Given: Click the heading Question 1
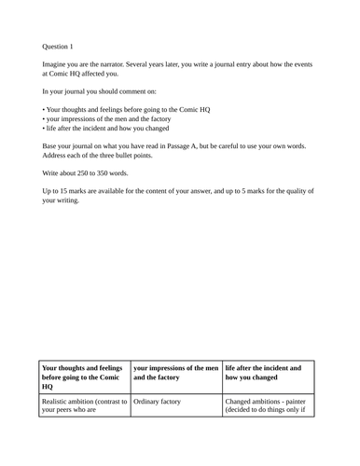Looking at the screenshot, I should [x=58, y=46].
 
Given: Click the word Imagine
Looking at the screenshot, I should [x=55, y=64].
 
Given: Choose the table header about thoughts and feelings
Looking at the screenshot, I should [x=83, y=377].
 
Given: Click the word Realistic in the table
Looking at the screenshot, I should [x=59, y=401].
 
